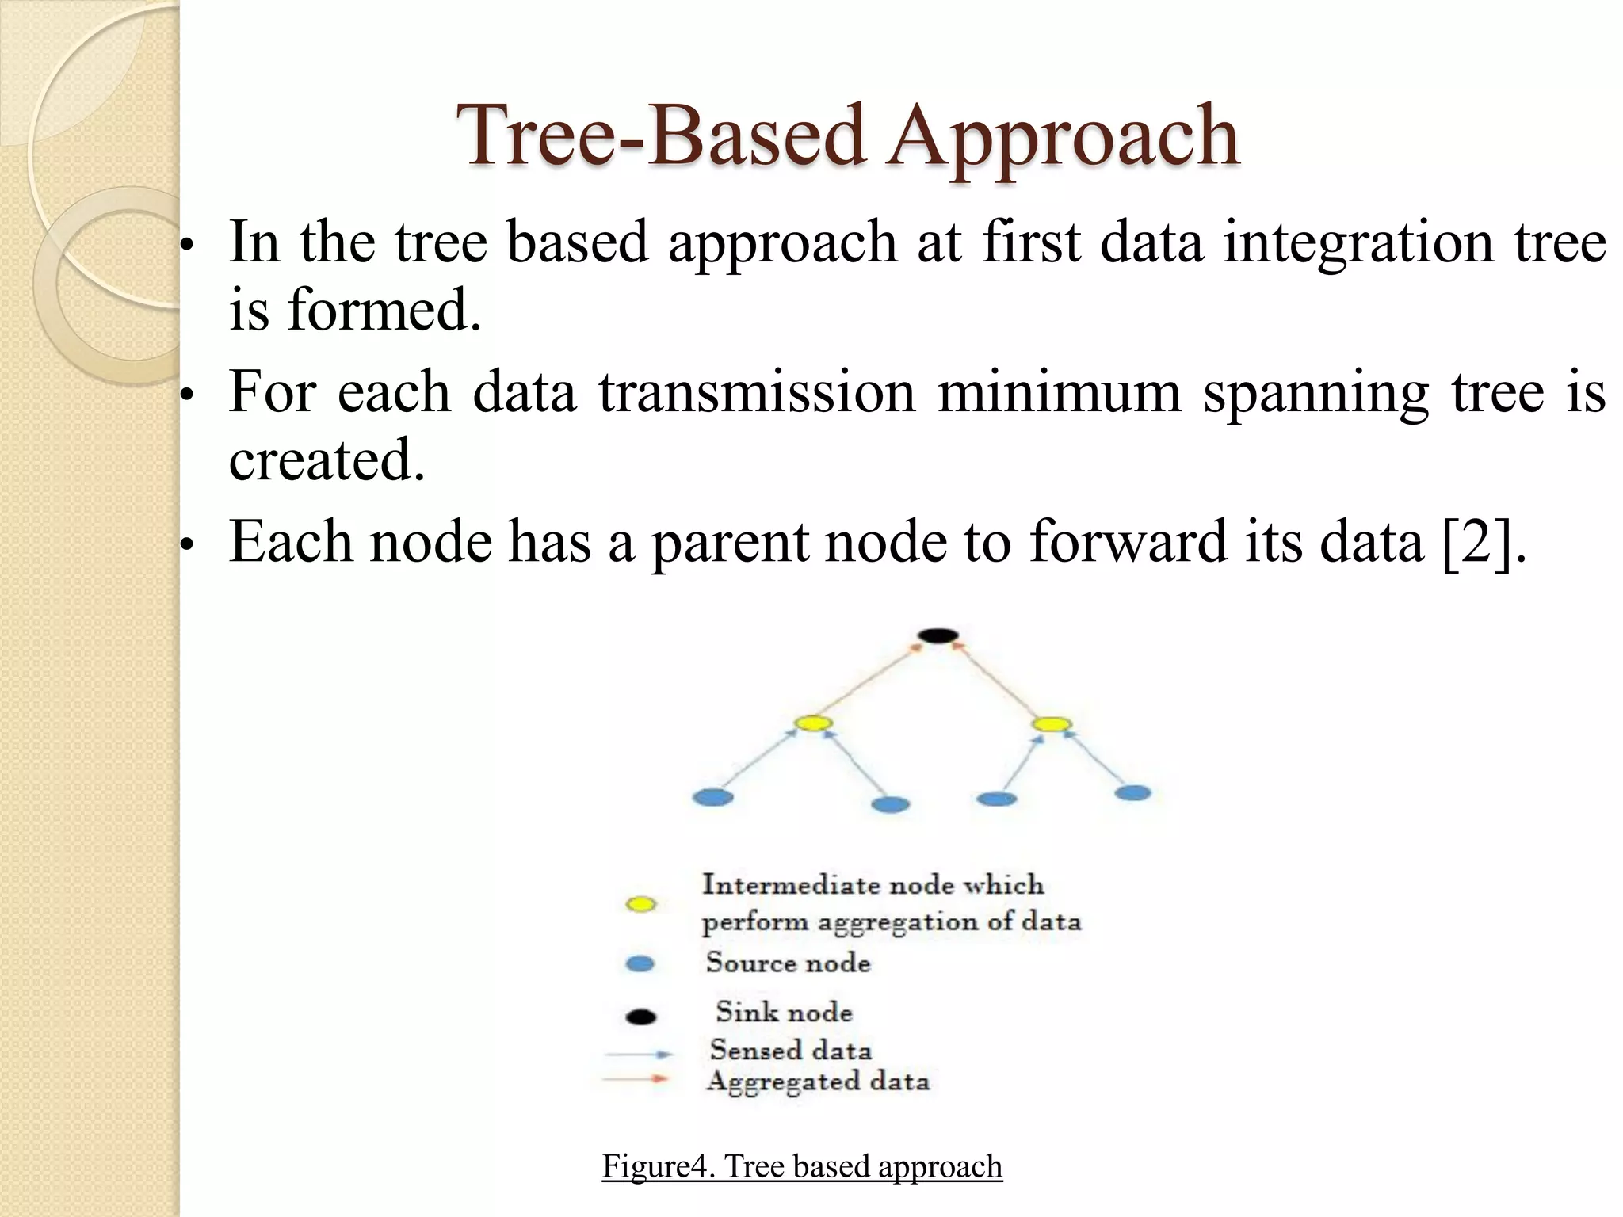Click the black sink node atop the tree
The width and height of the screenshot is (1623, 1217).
click(x=938, y=635)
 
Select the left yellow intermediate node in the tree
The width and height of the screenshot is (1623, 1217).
click(x=813, y=723)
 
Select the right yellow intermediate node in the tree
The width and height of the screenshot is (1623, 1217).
click(x=1052, y=724)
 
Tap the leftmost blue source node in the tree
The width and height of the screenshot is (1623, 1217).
click(x=712, y=797)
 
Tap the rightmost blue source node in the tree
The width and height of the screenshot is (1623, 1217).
click(x=1132, y=792)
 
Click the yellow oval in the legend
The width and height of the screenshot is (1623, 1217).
click(x=640, y=904)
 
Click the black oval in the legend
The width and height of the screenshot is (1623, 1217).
click(x=640, y=1017)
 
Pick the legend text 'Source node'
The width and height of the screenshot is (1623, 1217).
click(x=788, y=963)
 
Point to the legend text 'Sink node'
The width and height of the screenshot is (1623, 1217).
click(x=784, y=1012)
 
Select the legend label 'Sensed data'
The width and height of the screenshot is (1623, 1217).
click(x=791, y=1050)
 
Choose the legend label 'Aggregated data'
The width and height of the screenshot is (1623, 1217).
click(x=818, y=1082)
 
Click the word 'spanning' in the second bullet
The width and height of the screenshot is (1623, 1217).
click(x=1316, y=393)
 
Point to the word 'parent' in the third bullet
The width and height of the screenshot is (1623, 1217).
click(x=729, y=544)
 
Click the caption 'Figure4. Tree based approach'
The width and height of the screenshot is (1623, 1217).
click(x=802, y=1166)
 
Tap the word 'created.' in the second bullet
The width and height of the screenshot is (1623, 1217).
click(x=327, y=460)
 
